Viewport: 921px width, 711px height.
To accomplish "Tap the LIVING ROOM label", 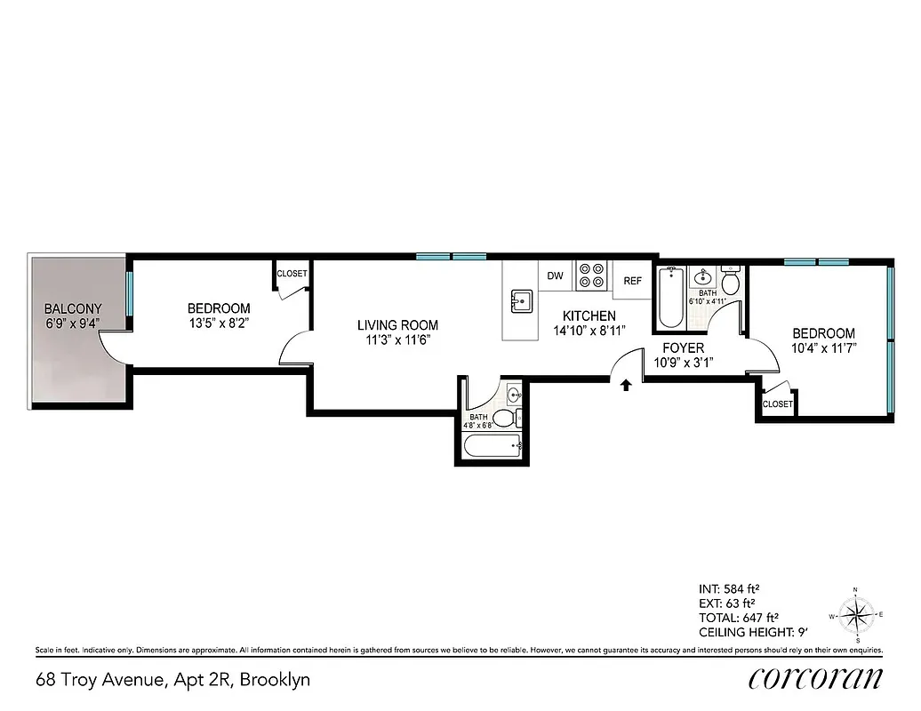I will click(x=397, y=325).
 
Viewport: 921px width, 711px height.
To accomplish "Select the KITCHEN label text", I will click(x=589, y=316).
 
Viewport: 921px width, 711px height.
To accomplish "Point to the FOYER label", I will click(x=684, y=348).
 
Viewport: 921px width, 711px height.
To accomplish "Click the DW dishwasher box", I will click(x=556, y=276).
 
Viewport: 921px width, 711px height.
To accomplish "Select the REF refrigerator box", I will click(x=632, y=281).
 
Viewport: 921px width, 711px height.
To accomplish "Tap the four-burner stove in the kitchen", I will click(x=591, y=276).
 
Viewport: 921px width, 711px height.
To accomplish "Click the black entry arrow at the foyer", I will click(x=626, y=384).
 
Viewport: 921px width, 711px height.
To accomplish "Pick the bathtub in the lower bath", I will click(x=491, y=448).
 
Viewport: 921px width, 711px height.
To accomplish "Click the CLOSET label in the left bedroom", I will click(x=292, y=274).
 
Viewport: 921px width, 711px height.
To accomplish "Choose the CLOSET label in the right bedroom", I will click(x=777, y=403).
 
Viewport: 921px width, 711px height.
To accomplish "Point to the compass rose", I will click(x=856, y=614).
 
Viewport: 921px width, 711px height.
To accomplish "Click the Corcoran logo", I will click(x=816, y=679).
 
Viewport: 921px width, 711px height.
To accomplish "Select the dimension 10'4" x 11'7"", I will click(x=824, y=348).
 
